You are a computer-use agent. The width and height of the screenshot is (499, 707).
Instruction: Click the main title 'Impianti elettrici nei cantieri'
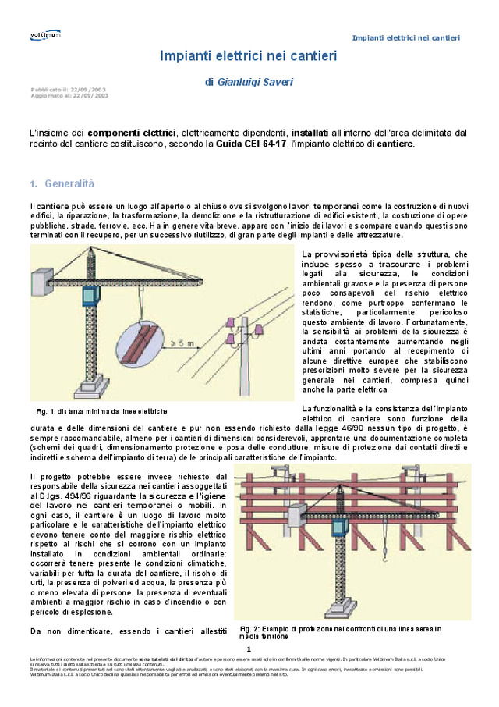248,56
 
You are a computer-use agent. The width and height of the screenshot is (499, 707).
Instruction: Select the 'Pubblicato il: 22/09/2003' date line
69,90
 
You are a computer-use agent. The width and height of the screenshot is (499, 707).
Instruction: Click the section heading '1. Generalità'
62,184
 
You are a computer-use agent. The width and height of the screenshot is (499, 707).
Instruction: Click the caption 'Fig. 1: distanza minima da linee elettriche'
101,410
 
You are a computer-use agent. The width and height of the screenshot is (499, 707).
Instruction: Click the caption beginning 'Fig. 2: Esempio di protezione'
341,632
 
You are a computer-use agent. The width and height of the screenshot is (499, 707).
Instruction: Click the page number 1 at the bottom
248,648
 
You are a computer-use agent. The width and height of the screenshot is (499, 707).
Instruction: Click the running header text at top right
405,38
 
